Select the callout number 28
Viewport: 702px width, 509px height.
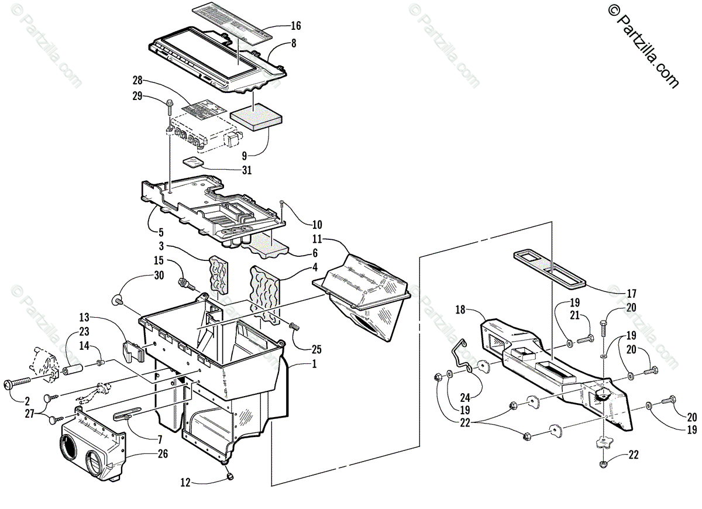point(138,80)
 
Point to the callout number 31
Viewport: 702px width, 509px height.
point(247,170)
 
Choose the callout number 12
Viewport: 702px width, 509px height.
point(185,483)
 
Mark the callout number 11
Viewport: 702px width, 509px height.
point(317,239)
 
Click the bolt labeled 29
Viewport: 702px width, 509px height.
point(169,106)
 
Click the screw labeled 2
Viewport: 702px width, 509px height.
point(18,383)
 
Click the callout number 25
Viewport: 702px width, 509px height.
point(316,350)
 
